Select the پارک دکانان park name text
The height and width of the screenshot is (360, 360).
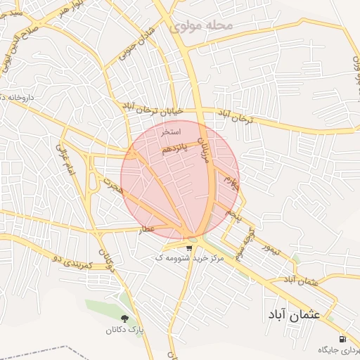(125, 330)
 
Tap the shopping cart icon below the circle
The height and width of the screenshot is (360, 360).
(188, 247)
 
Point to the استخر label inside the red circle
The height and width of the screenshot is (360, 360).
(171, 131)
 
